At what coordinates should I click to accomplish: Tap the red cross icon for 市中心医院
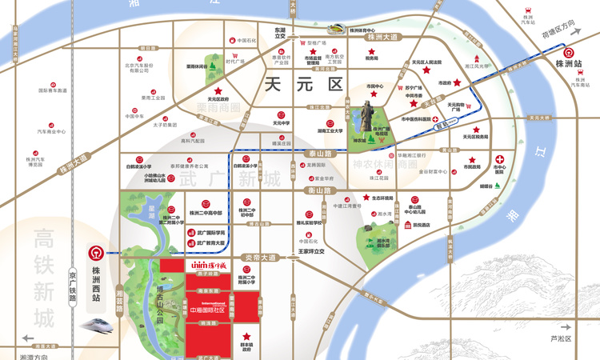pos(499,158)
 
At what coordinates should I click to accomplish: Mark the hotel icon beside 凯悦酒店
pos(406,226)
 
